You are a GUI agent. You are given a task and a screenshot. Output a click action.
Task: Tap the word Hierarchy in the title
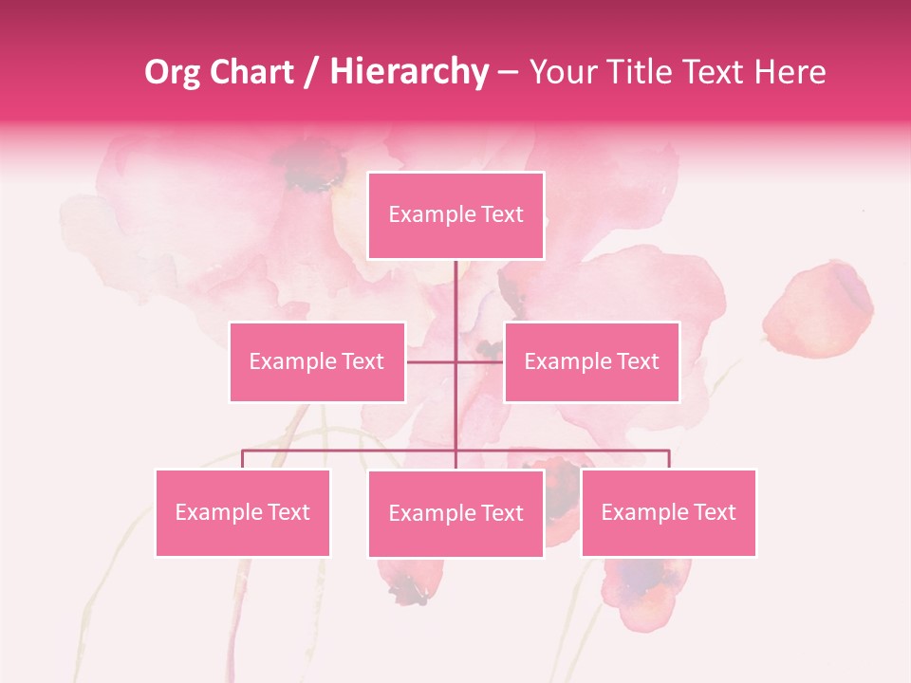[409, 72]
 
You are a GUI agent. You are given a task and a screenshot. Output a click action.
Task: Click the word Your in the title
[563, 72]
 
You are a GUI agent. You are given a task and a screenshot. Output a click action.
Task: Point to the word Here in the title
[790, 72]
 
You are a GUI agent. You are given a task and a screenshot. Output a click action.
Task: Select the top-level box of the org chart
[455, 215]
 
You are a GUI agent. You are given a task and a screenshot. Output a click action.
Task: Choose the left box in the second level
[317, 361]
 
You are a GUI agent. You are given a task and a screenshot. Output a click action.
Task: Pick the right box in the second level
[591, 361]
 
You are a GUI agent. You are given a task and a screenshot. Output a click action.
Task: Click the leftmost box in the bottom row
[243, 512]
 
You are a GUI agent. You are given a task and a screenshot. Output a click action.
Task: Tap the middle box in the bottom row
[455, 513]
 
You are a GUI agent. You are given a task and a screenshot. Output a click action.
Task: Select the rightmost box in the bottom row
[668, 512]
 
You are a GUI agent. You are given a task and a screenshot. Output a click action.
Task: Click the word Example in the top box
[421, 214]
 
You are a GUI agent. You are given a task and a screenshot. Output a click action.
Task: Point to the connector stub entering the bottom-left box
[243, 459]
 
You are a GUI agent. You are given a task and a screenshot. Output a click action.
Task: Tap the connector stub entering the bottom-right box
[669, 459]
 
